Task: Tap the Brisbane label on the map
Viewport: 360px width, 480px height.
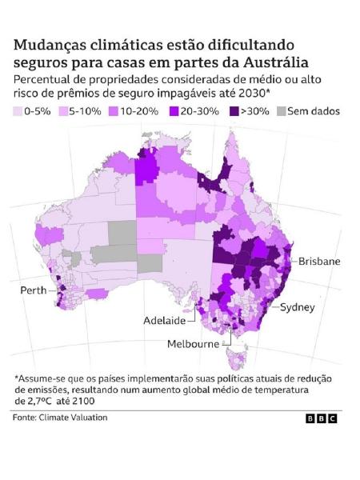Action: coord(319,262)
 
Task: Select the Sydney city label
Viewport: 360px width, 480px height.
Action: coord(297,307)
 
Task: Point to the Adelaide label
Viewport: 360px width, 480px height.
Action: coord(164,321)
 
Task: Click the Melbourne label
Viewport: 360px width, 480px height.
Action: coord(193,344)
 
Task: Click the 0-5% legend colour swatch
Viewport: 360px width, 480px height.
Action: coord(20,111)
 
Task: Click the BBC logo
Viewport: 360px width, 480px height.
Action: coord(321,418)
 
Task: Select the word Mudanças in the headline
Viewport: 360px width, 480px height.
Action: coord(51,44)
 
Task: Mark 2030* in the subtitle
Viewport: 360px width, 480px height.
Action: coord(248,94)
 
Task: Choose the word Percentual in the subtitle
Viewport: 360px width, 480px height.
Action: coord(45,80)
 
